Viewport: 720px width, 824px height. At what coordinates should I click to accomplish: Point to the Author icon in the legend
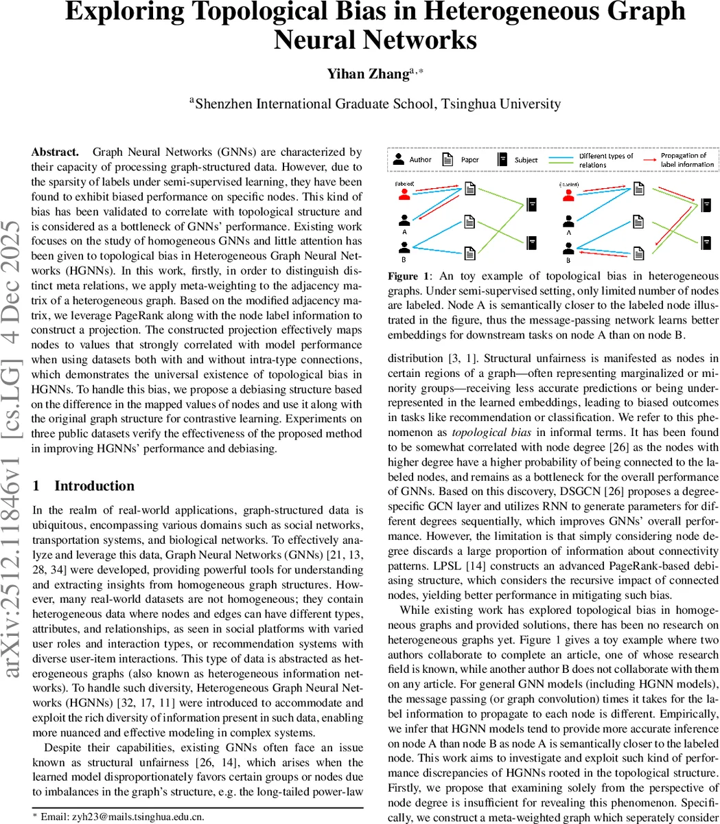(399, 159)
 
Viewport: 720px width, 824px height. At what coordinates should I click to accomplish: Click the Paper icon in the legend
(448, 159)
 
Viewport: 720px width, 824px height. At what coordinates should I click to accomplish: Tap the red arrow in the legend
(648, 159)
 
